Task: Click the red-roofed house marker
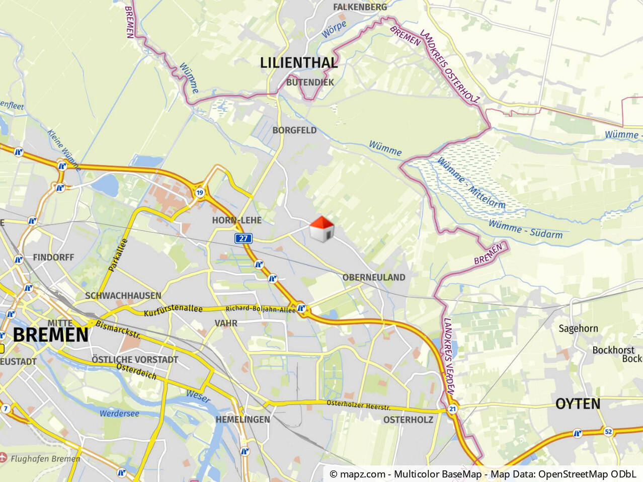(322, 229)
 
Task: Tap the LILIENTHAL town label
(298, 63)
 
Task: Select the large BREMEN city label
(50, 335)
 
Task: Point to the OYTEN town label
(578, 404)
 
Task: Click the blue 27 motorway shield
(244, 238)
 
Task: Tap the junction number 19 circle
(200, 193)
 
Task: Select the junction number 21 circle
(452, 409)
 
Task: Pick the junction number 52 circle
(608, 432)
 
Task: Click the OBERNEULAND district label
(373, 277)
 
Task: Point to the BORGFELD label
(294, 130)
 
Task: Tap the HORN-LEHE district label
(236, 220)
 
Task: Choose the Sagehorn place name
(578, 329)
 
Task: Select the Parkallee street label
(118, 255)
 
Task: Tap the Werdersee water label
(119, 414)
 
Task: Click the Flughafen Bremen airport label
(45, 459)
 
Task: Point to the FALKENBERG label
(360, 7)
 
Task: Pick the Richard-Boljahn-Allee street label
(260, 309)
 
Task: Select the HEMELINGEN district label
(243, 420)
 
